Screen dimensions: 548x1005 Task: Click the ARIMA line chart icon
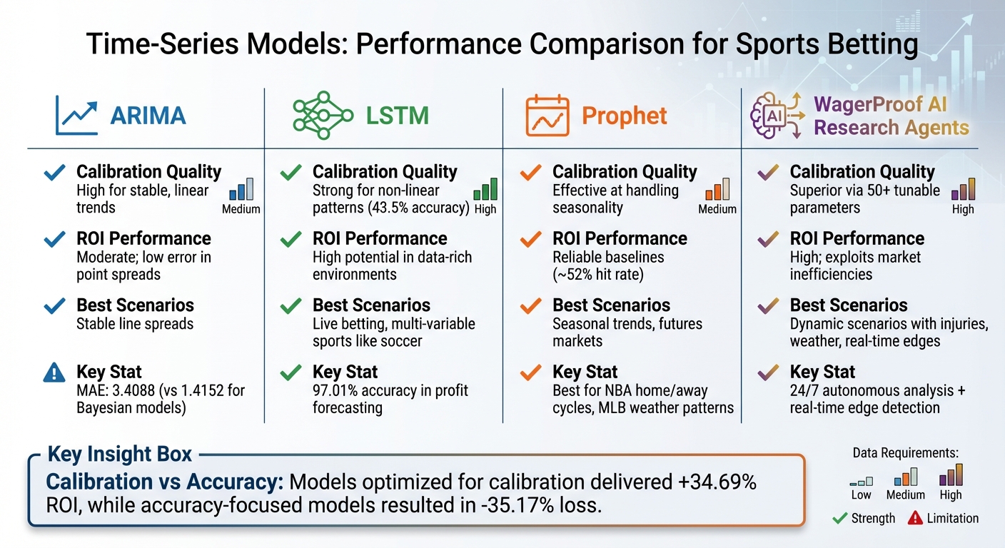76,116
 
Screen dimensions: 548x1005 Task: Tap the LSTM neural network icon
323,116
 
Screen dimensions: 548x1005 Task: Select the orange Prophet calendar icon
547,116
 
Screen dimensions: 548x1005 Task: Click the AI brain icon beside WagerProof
776,116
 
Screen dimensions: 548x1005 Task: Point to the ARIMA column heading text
148,116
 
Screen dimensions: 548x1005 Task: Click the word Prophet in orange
625,116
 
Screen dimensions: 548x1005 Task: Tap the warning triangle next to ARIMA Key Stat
54,373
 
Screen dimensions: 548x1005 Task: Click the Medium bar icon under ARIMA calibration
241,190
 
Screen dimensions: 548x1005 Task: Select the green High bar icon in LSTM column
485,190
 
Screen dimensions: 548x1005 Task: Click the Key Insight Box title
119,455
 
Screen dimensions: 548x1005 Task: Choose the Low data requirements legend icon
861,481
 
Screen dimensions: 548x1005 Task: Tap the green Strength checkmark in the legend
840,519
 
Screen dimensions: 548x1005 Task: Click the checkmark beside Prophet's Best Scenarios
530,306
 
